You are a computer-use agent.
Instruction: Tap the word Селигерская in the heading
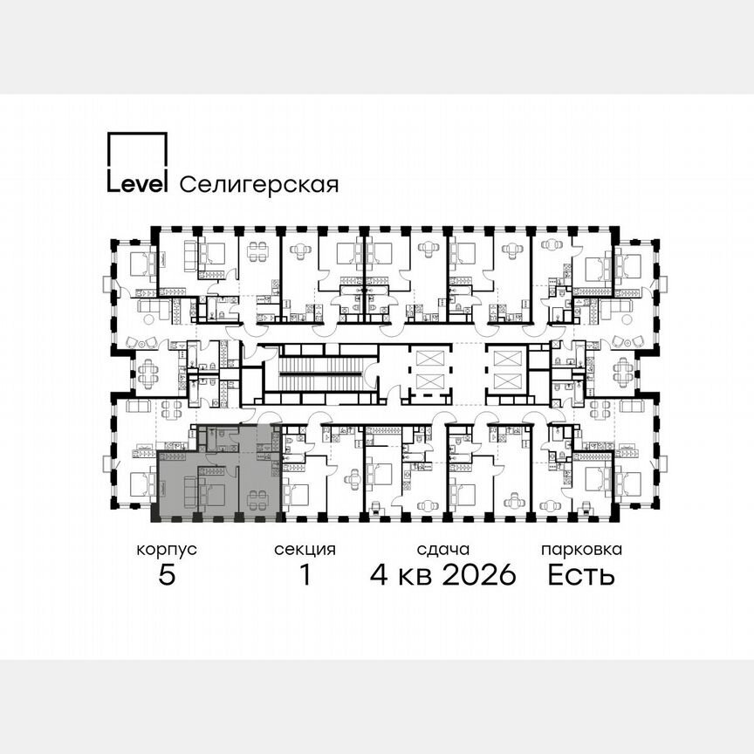point(258,184)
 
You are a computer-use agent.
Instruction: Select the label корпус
point(166,550)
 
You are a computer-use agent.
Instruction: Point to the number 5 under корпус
point(166,575)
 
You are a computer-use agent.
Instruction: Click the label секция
point(305,550)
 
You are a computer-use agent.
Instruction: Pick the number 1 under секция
point(305,575)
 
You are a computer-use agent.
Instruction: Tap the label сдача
point(442,550)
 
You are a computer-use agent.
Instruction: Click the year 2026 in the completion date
point(479,575)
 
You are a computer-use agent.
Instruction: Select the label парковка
point(581,550)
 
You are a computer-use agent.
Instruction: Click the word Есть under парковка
point(581,575)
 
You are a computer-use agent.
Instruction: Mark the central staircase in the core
point(319,374)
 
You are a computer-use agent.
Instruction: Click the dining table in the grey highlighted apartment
point(257,499)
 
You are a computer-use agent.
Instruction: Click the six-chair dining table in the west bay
point(146,374)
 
